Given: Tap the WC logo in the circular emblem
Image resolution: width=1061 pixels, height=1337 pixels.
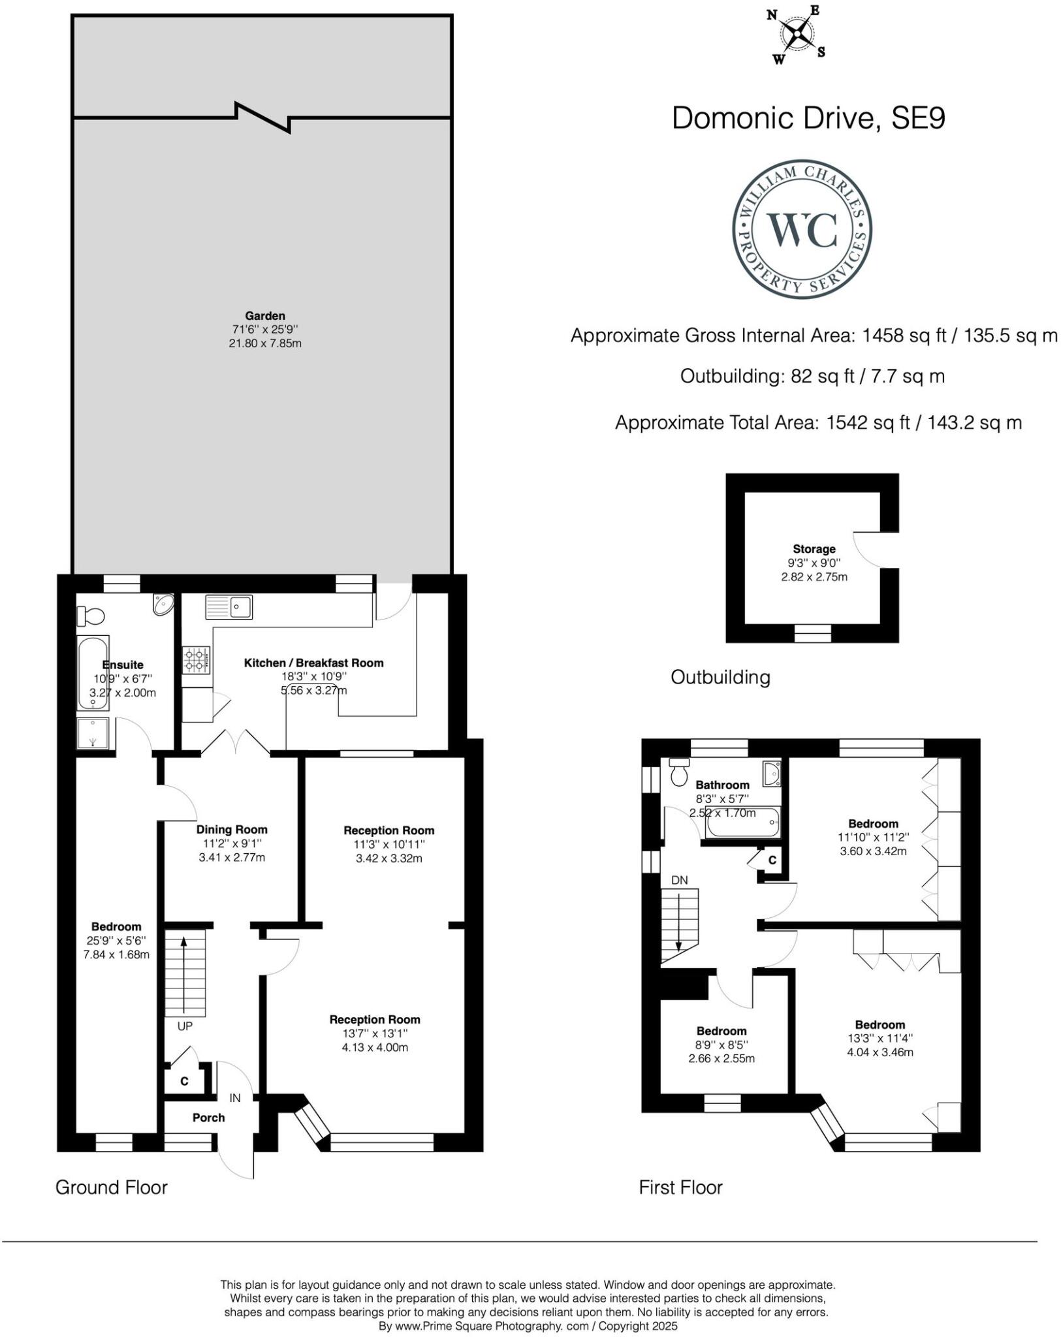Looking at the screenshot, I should click(802, 229).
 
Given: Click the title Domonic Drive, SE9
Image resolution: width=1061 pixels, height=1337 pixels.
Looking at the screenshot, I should click(808, 118).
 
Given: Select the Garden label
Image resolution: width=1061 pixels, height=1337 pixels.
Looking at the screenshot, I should click(265, 316).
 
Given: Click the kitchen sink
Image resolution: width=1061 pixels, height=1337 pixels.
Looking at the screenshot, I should click(229, 607).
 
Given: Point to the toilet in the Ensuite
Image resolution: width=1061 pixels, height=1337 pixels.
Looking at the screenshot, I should click(91, 615).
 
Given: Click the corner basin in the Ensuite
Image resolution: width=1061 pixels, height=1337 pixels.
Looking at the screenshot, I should click(163, 605).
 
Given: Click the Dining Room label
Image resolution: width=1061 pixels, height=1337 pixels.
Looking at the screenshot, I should click(232, 830).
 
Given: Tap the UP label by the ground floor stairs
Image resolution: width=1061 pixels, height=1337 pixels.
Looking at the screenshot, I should click(185, 1026).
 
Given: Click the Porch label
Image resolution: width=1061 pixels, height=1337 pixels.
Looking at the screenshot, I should click(208, 1118).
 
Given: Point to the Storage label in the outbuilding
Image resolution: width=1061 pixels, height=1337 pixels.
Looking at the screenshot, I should click(814, 549).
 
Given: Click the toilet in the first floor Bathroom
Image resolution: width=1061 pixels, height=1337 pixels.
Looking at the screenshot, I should click(680, 772).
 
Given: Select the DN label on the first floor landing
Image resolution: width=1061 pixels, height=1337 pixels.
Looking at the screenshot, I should click(679, 880).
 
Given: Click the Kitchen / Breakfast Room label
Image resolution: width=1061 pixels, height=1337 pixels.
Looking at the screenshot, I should click(313, 663).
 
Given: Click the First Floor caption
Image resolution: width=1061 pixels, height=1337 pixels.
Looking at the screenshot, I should click(680, 1188).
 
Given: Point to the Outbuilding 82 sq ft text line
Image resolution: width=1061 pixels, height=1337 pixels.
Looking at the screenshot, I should click(812, 377).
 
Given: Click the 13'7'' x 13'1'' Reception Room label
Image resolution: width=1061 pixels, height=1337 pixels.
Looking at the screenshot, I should click(374, 1020).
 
